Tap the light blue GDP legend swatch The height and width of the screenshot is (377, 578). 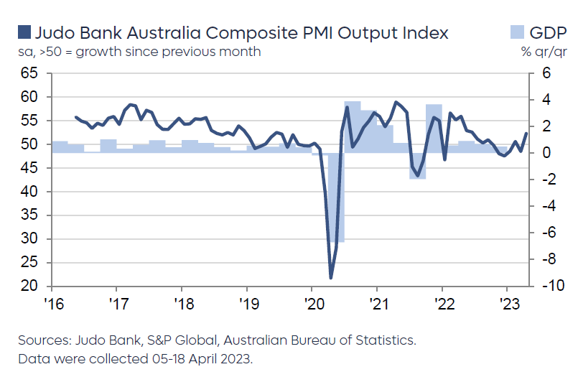click(x=518, y=32)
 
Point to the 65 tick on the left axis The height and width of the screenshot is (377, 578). click(x=29, y=73)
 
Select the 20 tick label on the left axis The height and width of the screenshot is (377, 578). click(x=29, y=287)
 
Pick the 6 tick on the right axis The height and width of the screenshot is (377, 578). click(x=546, y=73)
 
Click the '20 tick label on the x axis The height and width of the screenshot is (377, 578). click(x=312, y=301)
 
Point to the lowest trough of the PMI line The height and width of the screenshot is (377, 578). click(x=330, y=278)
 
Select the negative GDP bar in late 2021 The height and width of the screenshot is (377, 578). click(x=417, y=166)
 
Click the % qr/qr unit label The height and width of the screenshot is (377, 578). click(x=545, y=52)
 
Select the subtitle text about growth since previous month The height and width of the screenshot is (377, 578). click(x=139, y=52)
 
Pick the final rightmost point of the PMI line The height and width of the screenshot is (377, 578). click(x=526, y=133)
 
